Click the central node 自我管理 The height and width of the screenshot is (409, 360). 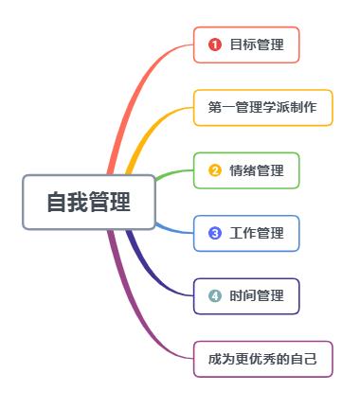[x=88, y=202]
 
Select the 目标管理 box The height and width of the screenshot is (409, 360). [x=246, y=44]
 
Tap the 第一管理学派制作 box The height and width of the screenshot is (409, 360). [x=263, y=108]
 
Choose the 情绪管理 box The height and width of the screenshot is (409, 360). [x=246, y=170]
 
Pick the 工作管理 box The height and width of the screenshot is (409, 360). [x=246, y=233]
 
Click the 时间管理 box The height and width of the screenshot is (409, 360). [x=246, y=295]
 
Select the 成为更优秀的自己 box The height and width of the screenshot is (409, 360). [x=263, y=359]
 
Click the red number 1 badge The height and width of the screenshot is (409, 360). [x=215, y=44]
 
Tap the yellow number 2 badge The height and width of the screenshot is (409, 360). [x=215, y=170]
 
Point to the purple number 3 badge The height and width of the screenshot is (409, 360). [x=215, y=233]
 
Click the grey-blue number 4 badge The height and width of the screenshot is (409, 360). [x=215, y=295]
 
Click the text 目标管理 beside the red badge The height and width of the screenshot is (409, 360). [x=257, y=44]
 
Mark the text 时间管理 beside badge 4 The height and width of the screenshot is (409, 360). [x=257, y=295]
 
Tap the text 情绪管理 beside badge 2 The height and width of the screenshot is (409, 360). [x=257, y=170]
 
